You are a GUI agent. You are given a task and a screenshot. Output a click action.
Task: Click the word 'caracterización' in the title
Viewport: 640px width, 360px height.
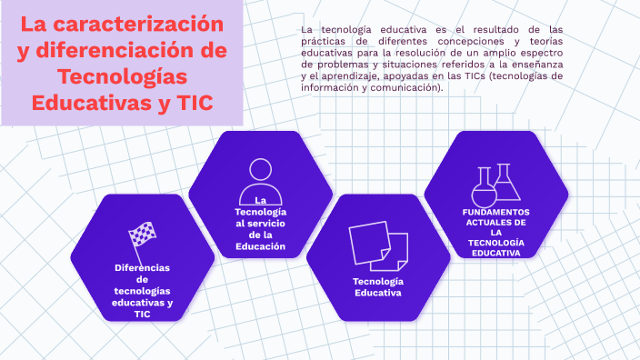(138, 24)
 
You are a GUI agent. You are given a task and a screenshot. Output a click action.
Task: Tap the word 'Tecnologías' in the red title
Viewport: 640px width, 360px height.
(122, 76)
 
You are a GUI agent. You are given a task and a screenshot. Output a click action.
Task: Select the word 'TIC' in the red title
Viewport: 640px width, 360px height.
(195, 103)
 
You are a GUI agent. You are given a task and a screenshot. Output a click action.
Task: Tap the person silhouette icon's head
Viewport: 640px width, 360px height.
(260, 169)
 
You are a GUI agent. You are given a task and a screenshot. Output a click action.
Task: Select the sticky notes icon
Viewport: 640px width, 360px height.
(378, 245)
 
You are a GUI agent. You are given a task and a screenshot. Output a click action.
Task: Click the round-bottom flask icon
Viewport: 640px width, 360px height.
(484, 187)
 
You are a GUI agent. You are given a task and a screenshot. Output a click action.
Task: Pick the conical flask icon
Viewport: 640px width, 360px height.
(506, 182)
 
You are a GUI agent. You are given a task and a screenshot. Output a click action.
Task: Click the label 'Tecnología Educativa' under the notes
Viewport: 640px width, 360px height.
(378, 287)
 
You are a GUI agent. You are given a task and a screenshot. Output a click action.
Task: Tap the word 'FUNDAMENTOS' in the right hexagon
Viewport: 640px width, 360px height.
(496, 212)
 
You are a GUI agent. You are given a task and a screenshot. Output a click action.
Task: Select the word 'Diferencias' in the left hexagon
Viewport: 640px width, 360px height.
(142, 268)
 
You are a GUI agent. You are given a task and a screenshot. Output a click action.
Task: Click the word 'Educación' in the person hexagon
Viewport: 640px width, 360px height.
(260, 246)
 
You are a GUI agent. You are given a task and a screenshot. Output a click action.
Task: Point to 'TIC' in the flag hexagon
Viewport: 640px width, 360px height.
(142, 315)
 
